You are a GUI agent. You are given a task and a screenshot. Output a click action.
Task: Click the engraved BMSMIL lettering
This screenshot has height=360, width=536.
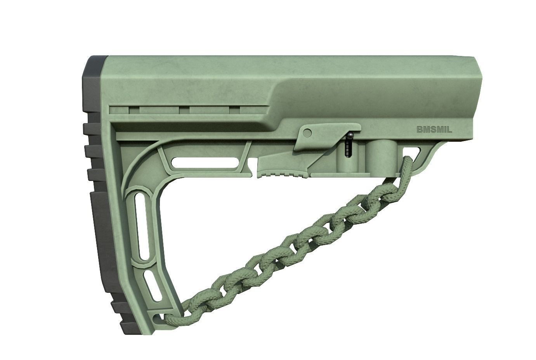click(x=434, y=130)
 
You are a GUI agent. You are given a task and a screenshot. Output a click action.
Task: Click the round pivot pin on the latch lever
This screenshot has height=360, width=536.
click(x=307, y=133)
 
